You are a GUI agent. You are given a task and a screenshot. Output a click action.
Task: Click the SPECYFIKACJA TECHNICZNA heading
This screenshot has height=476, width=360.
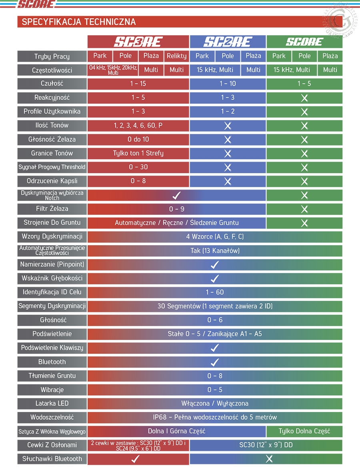[x=79, y=22]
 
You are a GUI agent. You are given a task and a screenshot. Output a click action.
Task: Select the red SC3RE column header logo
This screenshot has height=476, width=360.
[x=138, y=42]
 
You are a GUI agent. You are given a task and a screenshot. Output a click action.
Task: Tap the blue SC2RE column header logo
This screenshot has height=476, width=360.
[x=228, y=42]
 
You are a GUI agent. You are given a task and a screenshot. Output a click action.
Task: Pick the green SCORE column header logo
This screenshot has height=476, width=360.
[x=304, y=42]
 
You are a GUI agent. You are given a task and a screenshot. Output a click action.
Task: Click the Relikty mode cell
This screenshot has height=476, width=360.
[x=176, y=56]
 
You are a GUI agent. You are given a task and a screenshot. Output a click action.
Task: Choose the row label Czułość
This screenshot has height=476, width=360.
[x=52, y=84]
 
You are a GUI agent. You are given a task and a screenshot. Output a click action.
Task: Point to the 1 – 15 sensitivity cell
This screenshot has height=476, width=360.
[x=138, y=84]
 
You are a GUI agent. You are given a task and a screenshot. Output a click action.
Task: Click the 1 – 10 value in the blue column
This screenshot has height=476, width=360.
[x=228, y=84]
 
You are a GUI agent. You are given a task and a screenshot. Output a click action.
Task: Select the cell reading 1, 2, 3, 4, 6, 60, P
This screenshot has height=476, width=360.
[x=138, y=125]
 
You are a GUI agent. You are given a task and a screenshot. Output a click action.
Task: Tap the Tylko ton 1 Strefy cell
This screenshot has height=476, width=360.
[x=138, y=153]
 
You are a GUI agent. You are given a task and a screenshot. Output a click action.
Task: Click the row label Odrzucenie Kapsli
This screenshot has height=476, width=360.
[x=52, y=181]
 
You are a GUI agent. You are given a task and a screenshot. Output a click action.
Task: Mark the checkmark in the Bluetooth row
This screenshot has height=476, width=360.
[x=215, y=362]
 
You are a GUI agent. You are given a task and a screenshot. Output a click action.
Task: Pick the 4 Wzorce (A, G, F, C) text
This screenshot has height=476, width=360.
[x=215, y=236]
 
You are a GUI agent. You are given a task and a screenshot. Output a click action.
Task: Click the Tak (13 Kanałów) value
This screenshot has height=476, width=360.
[x=215, y=251]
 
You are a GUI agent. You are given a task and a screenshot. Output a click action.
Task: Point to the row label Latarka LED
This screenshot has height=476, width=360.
[x=52, y=403]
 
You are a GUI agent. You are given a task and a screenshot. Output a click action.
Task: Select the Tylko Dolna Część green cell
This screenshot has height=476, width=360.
[x=304, y=431]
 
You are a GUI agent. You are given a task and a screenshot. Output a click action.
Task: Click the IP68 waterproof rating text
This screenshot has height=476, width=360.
[x=215, y=417]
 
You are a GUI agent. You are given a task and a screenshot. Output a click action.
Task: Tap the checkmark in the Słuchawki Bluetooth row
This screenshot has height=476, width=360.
[x=135, y=459]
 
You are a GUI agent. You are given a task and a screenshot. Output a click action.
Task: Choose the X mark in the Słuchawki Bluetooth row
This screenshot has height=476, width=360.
[x=269, y=459]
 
